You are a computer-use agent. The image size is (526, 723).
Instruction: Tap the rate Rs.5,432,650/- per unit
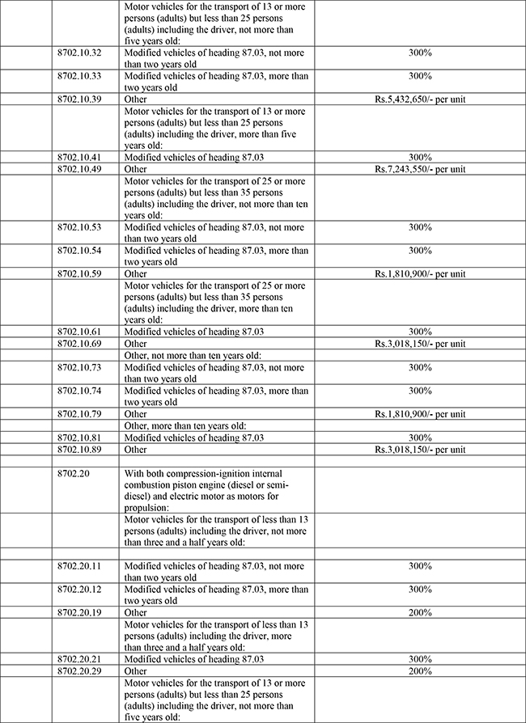[x=419, y=99]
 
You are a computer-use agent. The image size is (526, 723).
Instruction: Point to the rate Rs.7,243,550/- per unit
[x=419, y=169]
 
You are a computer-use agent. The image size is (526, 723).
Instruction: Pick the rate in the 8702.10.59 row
[x=419, y=274]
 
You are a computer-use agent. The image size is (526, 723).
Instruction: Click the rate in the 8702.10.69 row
[x=419, y=344]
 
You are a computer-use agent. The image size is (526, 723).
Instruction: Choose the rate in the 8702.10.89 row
[x=419, y=449]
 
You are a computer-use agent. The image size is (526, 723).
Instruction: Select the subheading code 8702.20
[x=74, y=472]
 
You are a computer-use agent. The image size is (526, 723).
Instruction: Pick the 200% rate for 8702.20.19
[x=420, y=613]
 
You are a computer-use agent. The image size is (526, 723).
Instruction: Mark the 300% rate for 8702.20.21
[x=420, y=659]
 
